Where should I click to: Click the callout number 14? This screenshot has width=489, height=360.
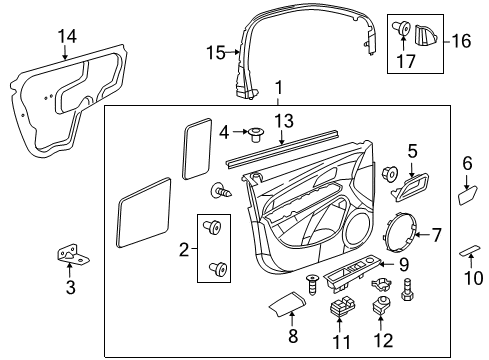coord(66,38)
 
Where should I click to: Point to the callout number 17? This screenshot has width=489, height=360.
coord(406,60)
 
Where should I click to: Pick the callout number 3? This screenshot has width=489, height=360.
coord(69,288)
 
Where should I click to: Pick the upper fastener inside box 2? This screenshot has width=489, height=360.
coord(213,228)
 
